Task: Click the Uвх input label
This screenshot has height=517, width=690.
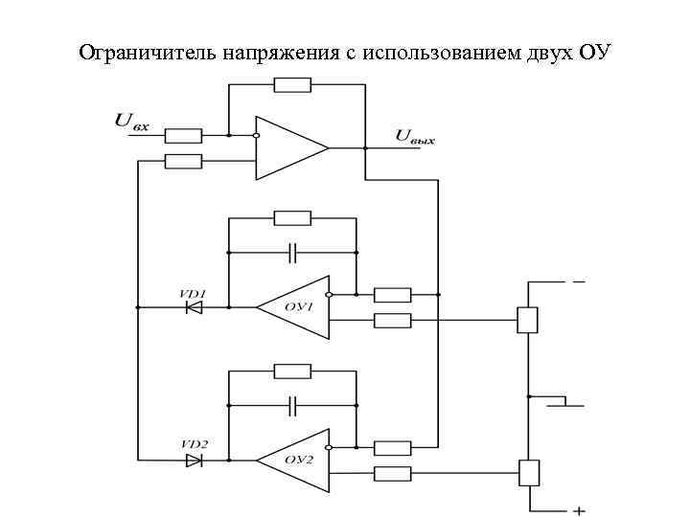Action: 132,122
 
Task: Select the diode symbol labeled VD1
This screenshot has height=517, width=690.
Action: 194,307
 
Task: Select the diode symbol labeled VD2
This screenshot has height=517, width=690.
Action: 194,461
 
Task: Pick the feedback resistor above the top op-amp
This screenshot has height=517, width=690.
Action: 291,85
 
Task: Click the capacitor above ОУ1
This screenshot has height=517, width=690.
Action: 292,253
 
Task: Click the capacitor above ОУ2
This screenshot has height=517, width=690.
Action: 292,406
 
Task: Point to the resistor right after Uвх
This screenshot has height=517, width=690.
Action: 183,135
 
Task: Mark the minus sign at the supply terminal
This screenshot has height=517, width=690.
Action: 579,282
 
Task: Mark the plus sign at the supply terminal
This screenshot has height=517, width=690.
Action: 579,509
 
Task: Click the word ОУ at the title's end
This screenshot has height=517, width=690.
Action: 594,51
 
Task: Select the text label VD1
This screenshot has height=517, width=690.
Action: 193,292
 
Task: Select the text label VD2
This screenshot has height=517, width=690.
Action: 193,445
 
